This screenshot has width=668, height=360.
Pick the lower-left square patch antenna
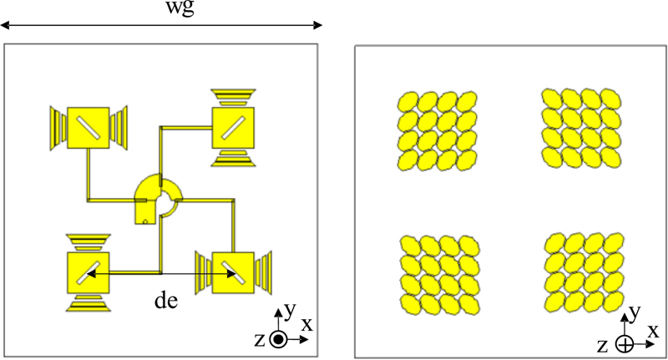pyautogui.click(x=89, y=271)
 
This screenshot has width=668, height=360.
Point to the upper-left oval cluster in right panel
pyautogui.click(x=438, y=129)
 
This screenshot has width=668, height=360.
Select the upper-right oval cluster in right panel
pyautogui.click(x=581, y=128)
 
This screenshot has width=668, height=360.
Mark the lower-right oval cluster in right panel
pyautogui.click(x=582, y=274)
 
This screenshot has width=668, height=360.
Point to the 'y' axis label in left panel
pyautogui.click(x=288, y=310)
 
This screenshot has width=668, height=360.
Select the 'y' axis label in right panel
pyautogui.click(x=634, y=314)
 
